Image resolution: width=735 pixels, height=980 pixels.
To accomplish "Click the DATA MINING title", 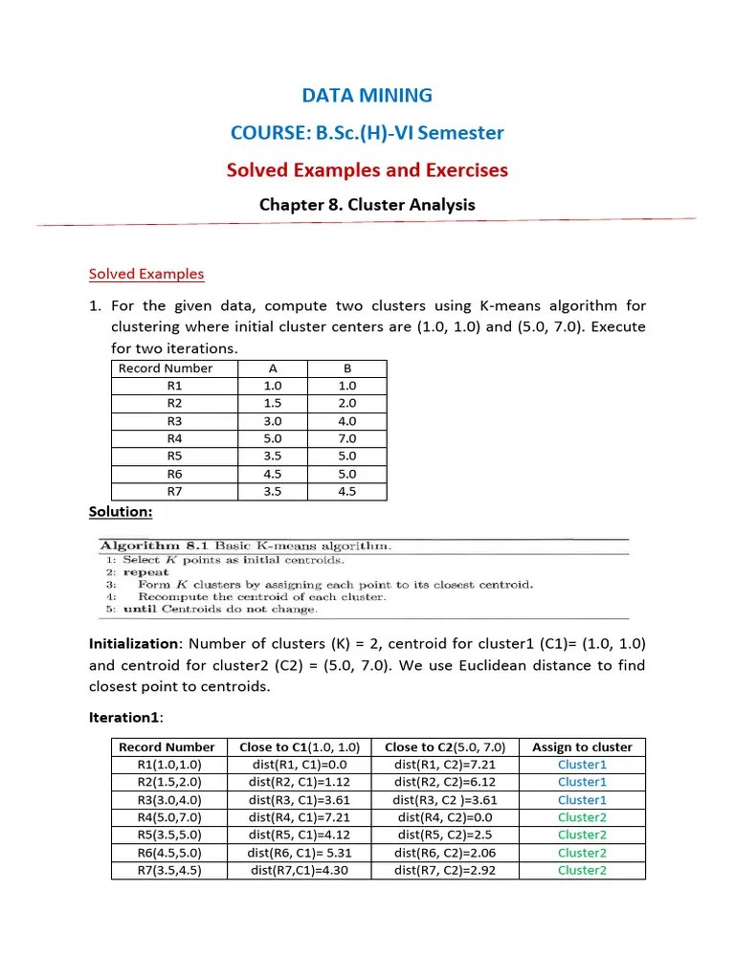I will coord(367,96).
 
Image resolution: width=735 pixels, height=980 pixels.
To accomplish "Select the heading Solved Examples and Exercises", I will coord(367,170).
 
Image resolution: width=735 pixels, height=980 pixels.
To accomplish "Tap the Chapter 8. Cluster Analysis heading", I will coord(367,205).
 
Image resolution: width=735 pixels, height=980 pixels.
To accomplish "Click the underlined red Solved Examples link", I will coord(146,274).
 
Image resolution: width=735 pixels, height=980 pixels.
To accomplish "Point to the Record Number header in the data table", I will coord(166,368).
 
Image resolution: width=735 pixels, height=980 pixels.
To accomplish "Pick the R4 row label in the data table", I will coord(174,438).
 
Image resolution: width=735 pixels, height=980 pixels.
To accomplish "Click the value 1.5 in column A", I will coord(273,403).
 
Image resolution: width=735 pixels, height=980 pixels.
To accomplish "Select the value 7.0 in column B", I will coord(347,438).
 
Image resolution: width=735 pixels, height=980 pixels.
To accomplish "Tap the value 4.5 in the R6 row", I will coord(273,474).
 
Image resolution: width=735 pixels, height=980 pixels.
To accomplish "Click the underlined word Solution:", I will coord(121,512).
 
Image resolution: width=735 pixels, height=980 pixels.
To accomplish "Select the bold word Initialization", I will coord(134,644).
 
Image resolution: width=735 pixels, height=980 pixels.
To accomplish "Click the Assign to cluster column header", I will coord(582,747).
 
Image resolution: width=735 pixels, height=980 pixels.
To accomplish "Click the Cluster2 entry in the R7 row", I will coord(582,870).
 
